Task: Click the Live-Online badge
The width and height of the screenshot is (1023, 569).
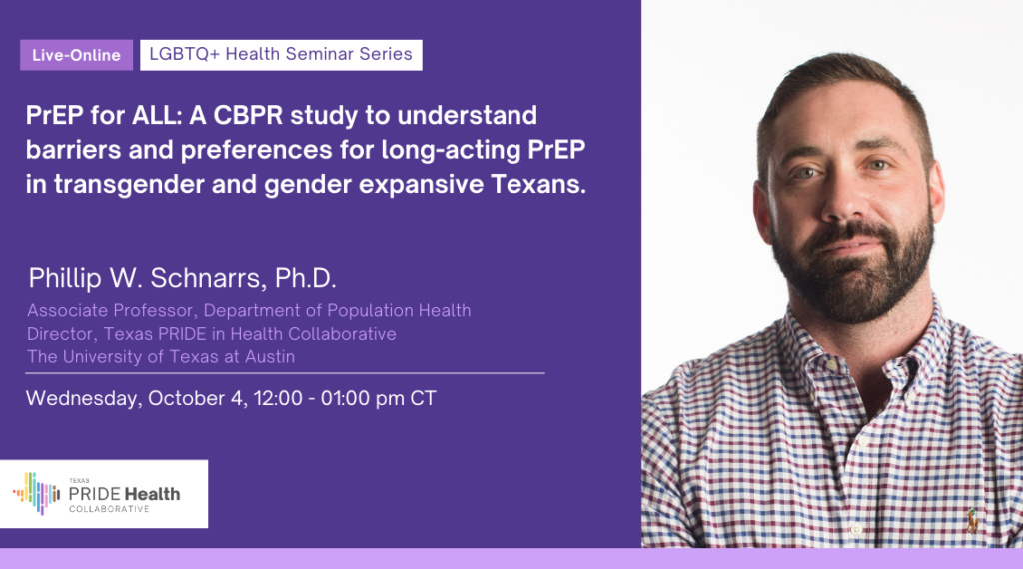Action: click(76, 55)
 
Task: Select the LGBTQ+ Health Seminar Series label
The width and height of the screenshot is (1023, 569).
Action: click(281, 54)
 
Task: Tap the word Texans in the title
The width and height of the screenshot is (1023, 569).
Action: click(538, 184)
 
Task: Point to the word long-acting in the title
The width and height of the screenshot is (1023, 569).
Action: click(451, 150)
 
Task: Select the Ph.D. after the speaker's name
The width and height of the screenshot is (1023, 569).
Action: click(306, 278)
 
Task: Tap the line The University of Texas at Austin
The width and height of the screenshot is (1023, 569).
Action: click(161, 357)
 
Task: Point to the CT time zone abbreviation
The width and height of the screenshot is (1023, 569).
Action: click(423, 398)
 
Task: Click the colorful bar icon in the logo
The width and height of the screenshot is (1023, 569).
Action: click(37, 493)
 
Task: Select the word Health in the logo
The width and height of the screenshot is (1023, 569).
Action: click(153, 494)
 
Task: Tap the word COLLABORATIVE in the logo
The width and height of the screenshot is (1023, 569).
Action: click(109, 509)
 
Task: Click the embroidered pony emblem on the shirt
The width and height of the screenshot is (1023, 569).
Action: click(973, 521)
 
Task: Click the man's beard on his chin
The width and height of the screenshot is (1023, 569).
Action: click(852, 287)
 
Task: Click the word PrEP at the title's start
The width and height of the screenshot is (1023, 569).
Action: click(55, 116)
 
